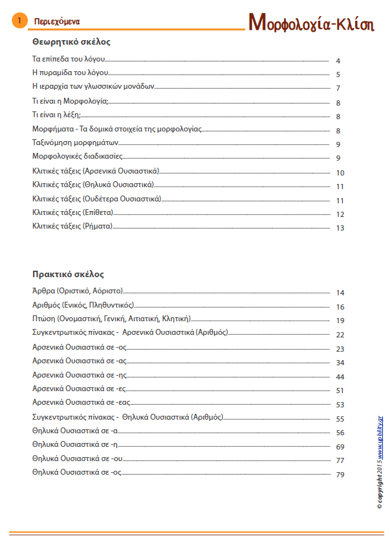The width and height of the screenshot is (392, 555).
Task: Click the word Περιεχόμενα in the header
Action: point(57,21)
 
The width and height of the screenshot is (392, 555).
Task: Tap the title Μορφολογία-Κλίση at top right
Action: point(312,21)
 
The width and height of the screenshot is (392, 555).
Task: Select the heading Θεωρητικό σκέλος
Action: point(71,41)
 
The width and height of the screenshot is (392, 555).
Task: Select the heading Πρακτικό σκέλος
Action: point(68,274)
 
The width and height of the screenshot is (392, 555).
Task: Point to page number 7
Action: point(338,88)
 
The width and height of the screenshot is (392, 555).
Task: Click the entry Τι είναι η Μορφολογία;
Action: point(70,101)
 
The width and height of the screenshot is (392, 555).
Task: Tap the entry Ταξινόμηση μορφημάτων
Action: point(75,142)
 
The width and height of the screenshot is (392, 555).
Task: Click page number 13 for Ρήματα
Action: point(340,228)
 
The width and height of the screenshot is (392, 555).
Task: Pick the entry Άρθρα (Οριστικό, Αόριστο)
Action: point(78,292)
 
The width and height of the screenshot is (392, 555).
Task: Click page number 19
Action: point(340,321)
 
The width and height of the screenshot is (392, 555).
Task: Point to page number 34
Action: point(340,363)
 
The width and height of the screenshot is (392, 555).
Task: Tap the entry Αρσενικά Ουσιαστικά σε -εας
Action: point(80,403)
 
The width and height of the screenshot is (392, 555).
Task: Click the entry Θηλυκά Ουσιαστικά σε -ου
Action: point(77,459)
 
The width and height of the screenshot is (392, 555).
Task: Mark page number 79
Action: point(340,475)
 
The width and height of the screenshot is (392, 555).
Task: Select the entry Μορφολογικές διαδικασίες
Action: point(77,156)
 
